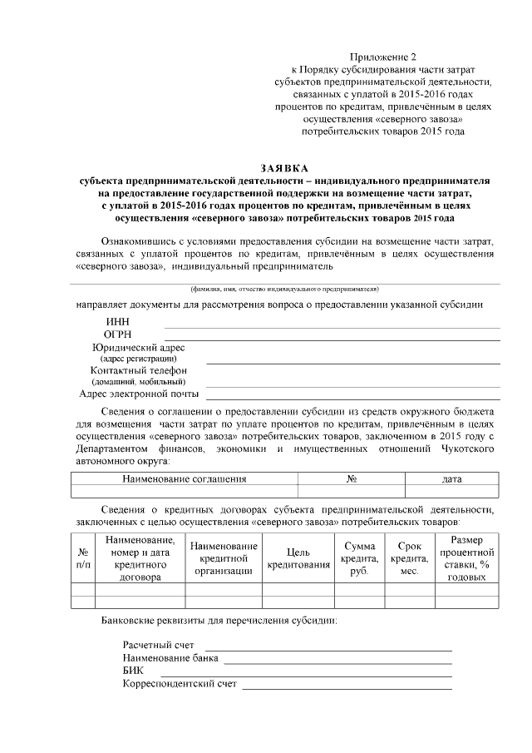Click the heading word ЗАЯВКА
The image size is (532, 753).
284,169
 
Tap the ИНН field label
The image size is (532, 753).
117,322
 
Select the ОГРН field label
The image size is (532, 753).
119,334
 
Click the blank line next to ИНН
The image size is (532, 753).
332,327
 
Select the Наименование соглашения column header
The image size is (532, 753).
184,479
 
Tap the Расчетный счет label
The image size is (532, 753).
158,645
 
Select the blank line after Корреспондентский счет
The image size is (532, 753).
347,687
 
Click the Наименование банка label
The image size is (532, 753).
170,657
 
